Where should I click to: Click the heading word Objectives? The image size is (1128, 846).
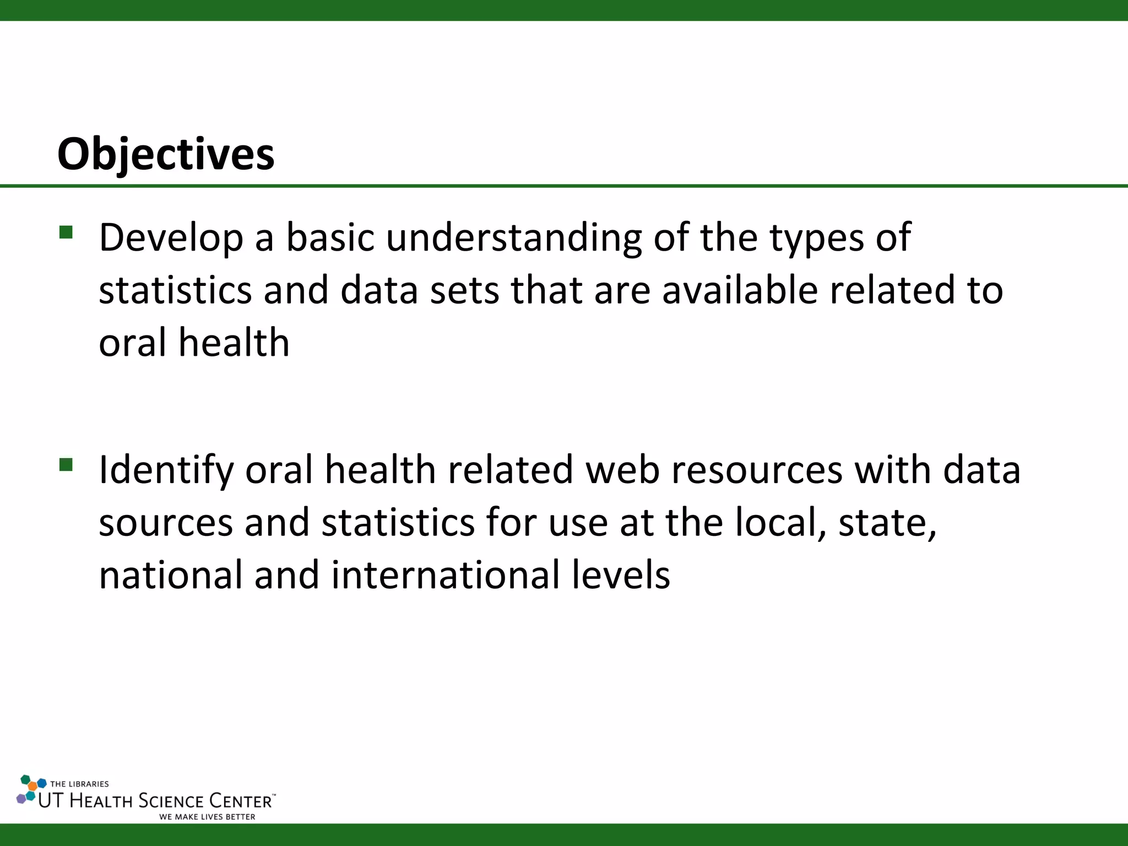coord(165,154)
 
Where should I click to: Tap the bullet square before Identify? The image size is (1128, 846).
coord(66,465)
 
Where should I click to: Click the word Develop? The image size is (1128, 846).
coord(171,238)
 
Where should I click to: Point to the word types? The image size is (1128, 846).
coord(816,238)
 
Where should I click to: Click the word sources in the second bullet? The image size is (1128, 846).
coord(166,523)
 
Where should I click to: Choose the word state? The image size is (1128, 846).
coord(887,523)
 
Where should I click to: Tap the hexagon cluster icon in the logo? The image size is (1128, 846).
coord(30,789)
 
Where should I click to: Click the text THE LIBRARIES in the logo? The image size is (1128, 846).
coord(79,784)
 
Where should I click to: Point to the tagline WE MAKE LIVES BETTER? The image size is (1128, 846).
coord(207,817)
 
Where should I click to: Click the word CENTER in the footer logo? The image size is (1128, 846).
coord(241,801)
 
